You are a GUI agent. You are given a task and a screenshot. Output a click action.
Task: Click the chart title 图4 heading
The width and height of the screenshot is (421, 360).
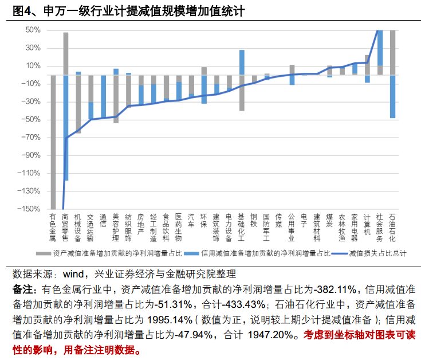[124, 10]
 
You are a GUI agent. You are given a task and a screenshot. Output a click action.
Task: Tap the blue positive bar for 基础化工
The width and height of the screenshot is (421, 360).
[242, 62]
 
